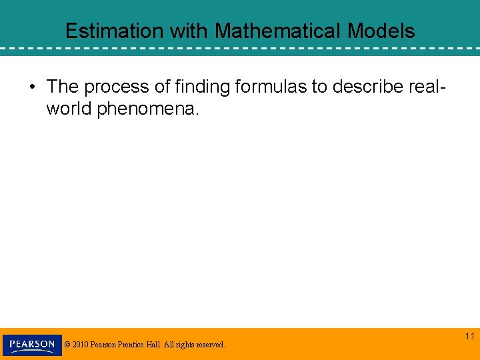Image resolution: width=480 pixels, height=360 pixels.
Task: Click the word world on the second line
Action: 69,109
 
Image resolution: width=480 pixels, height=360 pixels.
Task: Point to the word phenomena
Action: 147,109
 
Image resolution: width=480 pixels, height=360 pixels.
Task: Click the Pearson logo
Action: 32,345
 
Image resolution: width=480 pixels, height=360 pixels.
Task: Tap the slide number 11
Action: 470,337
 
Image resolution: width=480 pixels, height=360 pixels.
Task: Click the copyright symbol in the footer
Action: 68,345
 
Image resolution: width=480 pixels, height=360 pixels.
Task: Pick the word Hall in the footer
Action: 157,345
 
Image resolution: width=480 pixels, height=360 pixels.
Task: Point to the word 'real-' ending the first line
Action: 425,87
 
